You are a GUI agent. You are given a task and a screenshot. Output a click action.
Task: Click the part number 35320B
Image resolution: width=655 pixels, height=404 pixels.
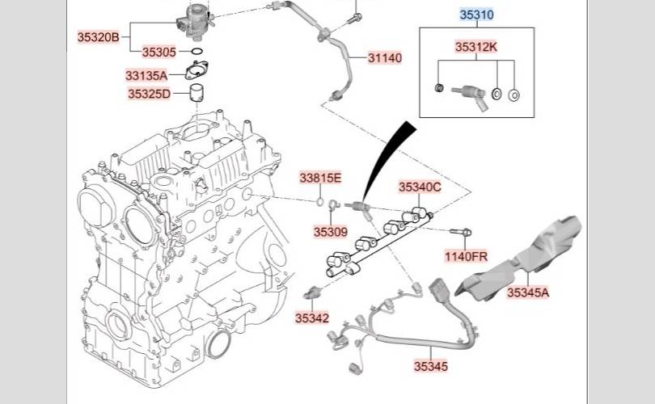pyautogui.click(x=98, y=37)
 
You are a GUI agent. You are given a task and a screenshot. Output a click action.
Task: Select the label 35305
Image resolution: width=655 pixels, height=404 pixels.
pyautogui.click(x=159, y=53)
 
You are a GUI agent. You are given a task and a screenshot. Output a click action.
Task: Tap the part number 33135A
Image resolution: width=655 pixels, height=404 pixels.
pyautogui.click(x=146, y=75)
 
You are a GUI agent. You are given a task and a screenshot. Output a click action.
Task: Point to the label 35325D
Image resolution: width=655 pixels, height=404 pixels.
pyautogui.click(x=149, y=94)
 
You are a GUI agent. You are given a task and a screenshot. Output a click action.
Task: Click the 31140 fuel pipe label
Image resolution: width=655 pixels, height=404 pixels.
pyautogui.click(x=385, y=58)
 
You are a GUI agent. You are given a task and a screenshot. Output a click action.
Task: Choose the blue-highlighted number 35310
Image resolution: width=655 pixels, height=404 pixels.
pyautogui.click(x=476, y=15)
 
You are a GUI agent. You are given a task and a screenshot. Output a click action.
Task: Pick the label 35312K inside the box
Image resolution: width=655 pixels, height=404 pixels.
pyautogui.click(x=476, y=47)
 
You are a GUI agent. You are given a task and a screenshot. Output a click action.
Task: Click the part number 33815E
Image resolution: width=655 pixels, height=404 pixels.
pyautogui.click(x=320, y=179)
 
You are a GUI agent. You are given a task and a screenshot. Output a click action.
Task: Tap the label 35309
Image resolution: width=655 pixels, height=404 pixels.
pyautogui.click(x=331, y=232)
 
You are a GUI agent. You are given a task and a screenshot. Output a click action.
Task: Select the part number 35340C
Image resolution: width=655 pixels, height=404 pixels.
pyautogui.click(x=420, y=187)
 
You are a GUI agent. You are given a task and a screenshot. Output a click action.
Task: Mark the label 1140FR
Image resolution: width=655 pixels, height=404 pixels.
pyautogui.click(x=466, y=256)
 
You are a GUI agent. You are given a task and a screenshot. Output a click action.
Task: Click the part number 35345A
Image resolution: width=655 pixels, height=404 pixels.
pyautogui.click(x=528, y=292)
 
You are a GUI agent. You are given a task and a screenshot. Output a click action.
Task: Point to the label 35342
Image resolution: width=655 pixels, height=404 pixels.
pyautogui.click(x=312, y=318)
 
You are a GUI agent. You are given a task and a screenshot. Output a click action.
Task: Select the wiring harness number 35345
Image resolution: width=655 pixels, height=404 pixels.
pyautogui.click(x=431, y=367)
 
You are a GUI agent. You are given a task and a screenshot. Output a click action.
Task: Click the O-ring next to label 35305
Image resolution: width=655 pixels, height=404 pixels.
pyautogui.click(x=197, y=52)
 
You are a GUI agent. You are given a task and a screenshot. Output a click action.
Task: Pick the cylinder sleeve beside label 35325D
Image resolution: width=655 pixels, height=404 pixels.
pyautogui.click(x=196, y=93)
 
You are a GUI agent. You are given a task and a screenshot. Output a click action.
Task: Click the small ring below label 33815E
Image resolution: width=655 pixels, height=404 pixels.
pyautogui.click(x=319, y=202)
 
